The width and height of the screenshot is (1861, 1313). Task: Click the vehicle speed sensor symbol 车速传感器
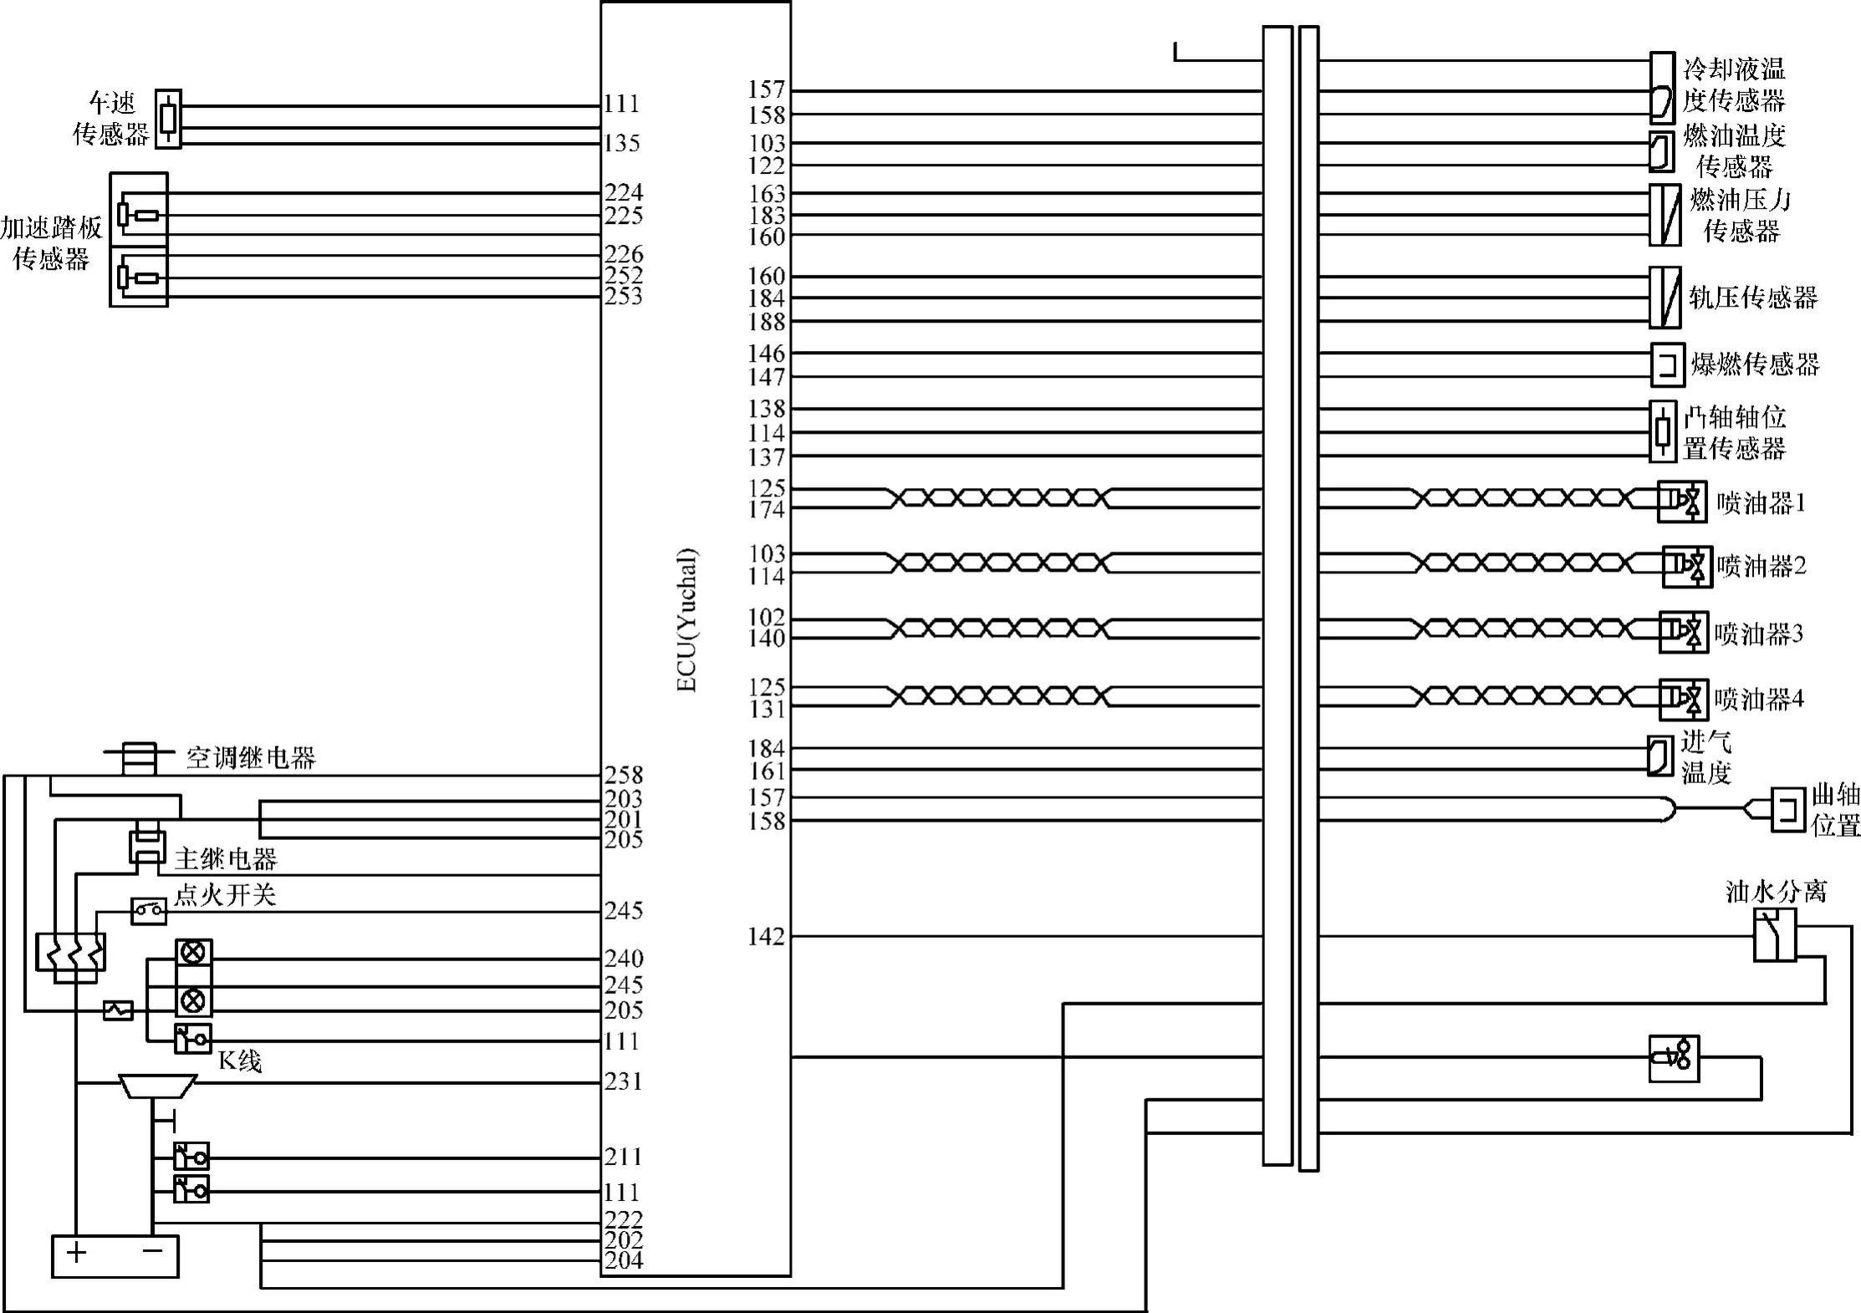point(168,119)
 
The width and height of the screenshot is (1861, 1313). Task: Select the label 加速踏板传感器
point(52,243)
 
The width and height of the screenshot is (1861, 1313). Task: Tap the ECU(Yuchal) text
point(686,619)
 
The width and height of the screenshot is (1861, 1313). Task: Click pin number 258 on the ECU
point(624,775)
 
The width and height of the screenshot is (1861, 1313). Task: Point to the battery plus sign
point(77,1252)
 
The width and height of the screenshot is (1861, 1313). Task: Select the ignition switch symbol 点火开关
point(148,910)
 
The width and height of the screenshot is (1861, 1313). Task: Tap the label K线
point(240,1061)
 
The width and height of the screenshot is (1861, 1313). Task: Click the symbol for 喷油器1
point(1681,501)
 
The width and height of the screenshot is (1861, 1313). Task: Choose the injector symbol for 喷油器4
point(1683,699)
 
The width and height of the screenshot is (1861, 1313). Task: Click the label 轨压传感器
point(1753,298)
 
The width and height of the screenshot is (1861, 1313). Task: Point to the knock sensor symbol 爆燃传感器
point(1667,365)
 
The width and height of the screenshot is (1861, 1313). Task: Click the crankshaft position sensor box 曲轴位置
point(1787,808)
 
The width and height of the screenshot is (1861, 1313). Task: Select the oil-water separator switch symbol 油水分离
point(1774,936)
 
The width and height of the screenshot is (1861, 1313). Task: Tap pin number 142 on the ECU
point(767,937)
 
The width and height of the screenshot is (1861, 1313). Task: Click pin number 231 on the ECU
point(624,1081)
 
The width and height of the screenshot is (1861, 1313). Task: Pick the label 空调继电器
point(250,758)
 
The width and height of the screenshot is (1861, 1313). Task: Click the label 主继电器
point(226,858)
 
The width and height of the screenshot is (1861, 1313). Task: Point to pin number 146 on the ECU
point(767,354)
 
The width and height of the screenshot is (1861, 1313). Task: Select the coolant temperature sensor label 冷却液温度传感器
point(1734,84)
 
